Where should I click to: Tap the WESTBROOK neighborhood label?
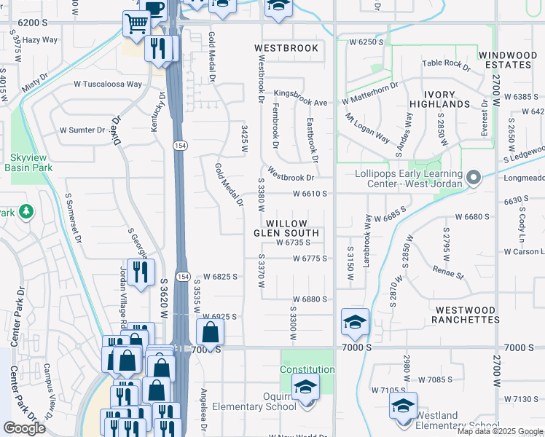point(286,48)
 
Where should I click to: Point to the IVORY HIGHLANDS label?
point(438,100)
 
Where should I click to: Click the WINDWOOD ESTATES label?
point(508,60)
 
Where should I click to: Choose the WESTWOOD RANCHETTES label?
point(466,315)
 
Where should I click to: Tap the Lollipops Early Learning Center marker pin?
point(474,178)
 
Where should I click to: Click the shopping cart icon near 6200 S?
point(136,25)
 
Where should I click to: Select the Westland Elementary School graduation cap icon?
point(403,406)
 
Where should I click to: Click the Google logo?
point(24,428)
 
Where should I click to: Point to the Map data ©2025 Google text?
point(501,431)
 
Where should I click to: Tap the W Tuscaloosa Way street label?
point(107,84)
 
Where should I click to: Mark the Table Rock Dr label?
point(446,63)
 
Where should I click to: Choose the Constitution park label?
point(307,369)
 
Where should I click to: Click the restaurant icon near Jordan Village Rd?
point(139,272)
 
